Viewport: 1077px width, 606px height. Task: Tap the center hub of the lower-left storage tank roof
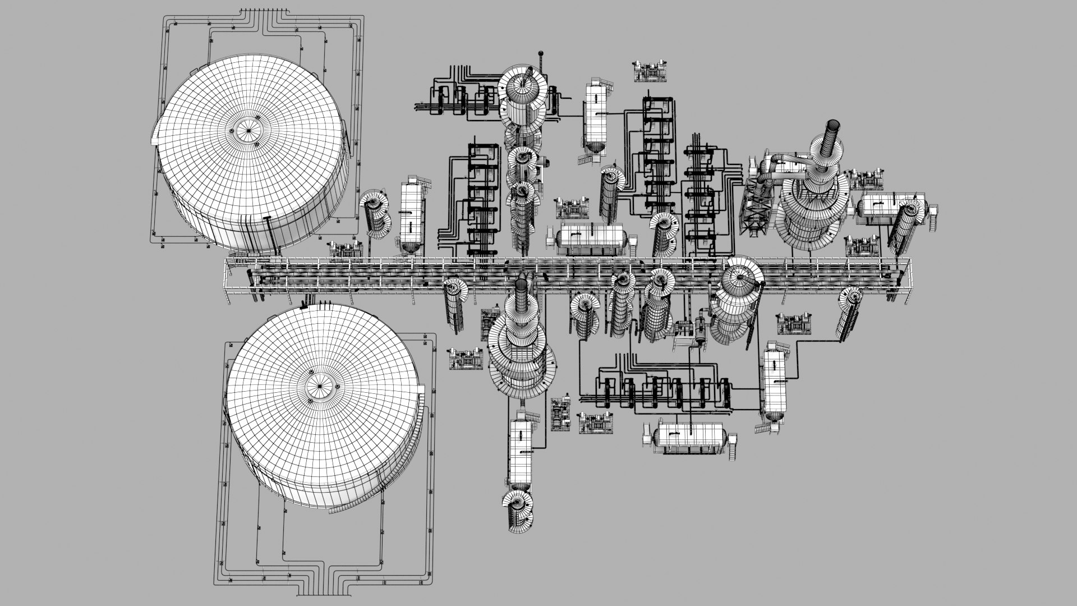point(320,386)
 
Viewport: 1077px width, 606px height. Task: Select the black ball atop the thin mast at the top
point(542,55)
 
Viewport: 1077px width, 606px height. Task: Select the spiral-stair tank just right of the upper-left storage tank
point(374,215)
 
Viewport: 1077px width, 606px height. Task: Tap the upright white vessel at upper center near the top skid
point(596,115)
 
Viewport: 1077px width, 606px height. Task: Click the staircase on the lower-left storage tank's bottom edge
point(342,508)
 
